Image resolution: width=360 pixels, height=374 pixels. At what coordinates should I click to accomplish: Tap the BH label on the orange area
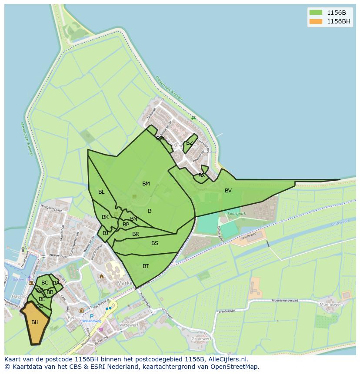35,322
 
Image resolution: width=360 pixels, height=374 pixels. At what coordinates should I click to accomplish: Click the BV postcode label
228,191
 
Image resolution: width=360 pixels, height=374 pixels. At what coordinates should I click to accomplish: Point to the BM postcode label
146,184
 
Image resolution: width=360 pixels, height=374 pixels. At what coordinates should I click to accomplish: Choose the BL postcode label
101,192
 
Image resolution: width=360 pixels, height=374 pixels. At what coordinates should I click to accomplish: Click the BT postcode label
146,266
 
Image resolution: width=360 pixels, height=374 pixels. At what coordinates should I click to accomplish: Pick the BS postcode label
155,243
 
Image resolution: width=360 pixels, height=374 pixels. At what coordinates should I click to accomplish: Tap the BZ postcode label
190,143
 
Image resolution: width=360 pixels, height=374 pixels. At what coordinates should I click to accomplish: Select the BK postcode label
105,217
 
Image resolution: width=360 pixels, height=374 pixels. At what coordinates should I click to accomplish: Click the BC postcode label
45,283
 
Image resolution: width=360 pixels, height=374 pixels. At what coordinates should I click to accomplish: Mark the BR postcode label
136,234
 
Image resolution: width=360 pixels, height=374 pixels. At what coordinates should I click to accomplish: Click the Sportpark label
237,214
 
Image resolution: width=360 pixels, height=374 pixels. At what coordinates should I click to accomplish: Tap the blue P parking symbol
92,316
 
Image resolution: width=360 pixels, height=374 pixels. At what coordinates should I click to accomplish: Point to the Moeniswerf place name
331,305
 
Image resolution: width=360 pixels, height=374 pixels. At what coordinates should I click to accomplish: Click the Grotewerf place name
201,338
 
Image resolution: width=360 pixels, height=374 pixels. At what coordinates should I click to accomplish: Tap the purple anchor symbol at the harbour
29,278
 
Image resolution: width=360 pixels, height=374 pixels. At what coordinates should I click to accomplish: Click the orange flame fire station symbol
102,276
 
